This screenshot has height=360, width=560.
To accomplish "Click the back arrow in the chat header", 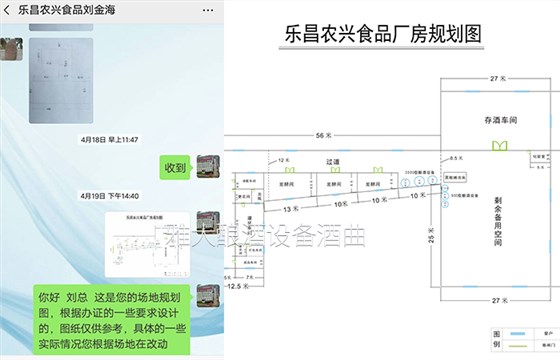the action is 8,9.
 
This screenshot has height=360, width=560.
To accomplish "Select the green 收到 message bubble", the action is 175,167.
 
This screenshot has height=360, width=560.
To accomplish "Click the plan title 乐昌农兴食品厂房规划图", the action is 385,33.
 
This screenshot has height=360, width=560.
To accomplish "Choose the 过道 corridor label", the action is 335,160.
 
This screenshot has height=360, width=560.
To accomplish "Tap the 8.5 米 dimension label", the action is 455,159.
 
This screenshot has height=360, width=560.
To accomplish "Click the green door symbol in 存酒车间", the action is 497,146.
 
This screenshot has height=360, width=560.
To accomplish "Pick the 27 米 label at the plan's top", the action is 493,77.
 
